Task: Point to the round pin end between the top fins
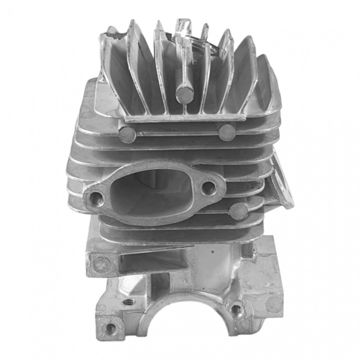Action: (x=185, y=95)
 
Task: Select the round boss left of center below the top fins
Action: (x=127, y=135)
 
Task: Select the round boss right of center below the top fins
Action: (x=227, y=132)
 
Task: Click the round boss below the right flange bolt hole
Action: (x=238, y=211)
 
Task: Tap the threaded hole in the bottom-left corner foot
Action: (x=111, y=328)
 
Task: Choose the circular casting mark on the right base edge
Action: (x=274, y=304)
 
